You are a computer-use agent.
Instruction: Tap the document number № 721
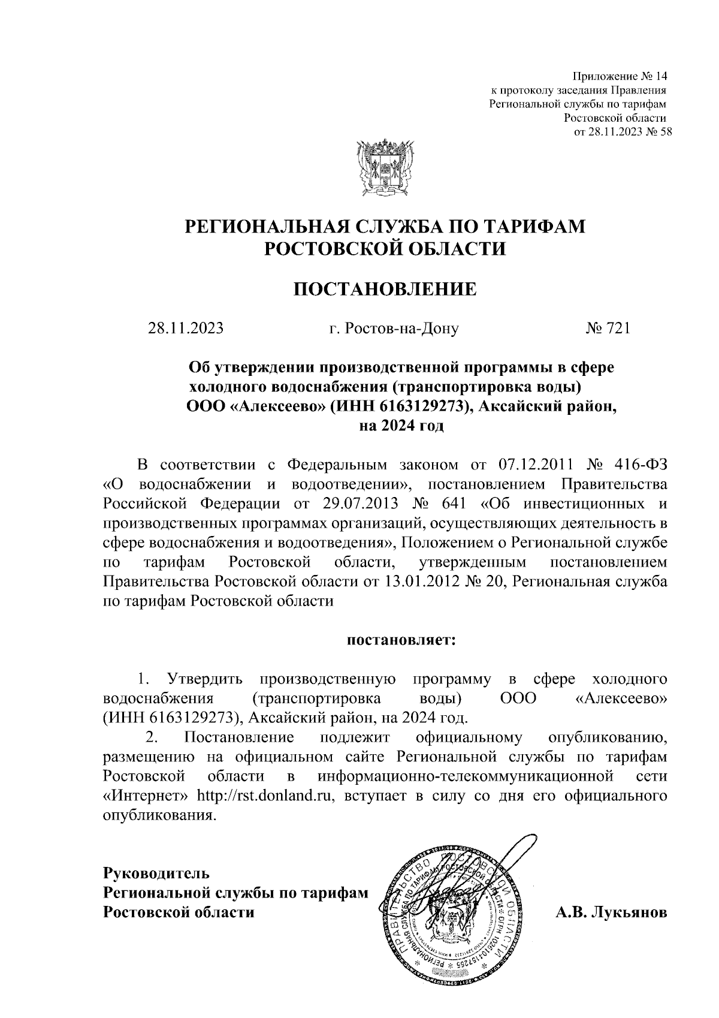point(608,328)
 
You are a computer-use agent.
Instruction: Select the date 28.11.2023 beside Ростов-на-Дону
point(186,328)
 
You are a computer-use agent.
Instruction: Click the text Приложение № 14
point(620,77)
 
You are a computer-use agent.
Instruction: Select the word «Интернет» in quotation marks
point(146,796)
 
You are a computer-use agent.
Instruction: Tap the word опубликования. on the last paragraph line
point(159,816)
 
